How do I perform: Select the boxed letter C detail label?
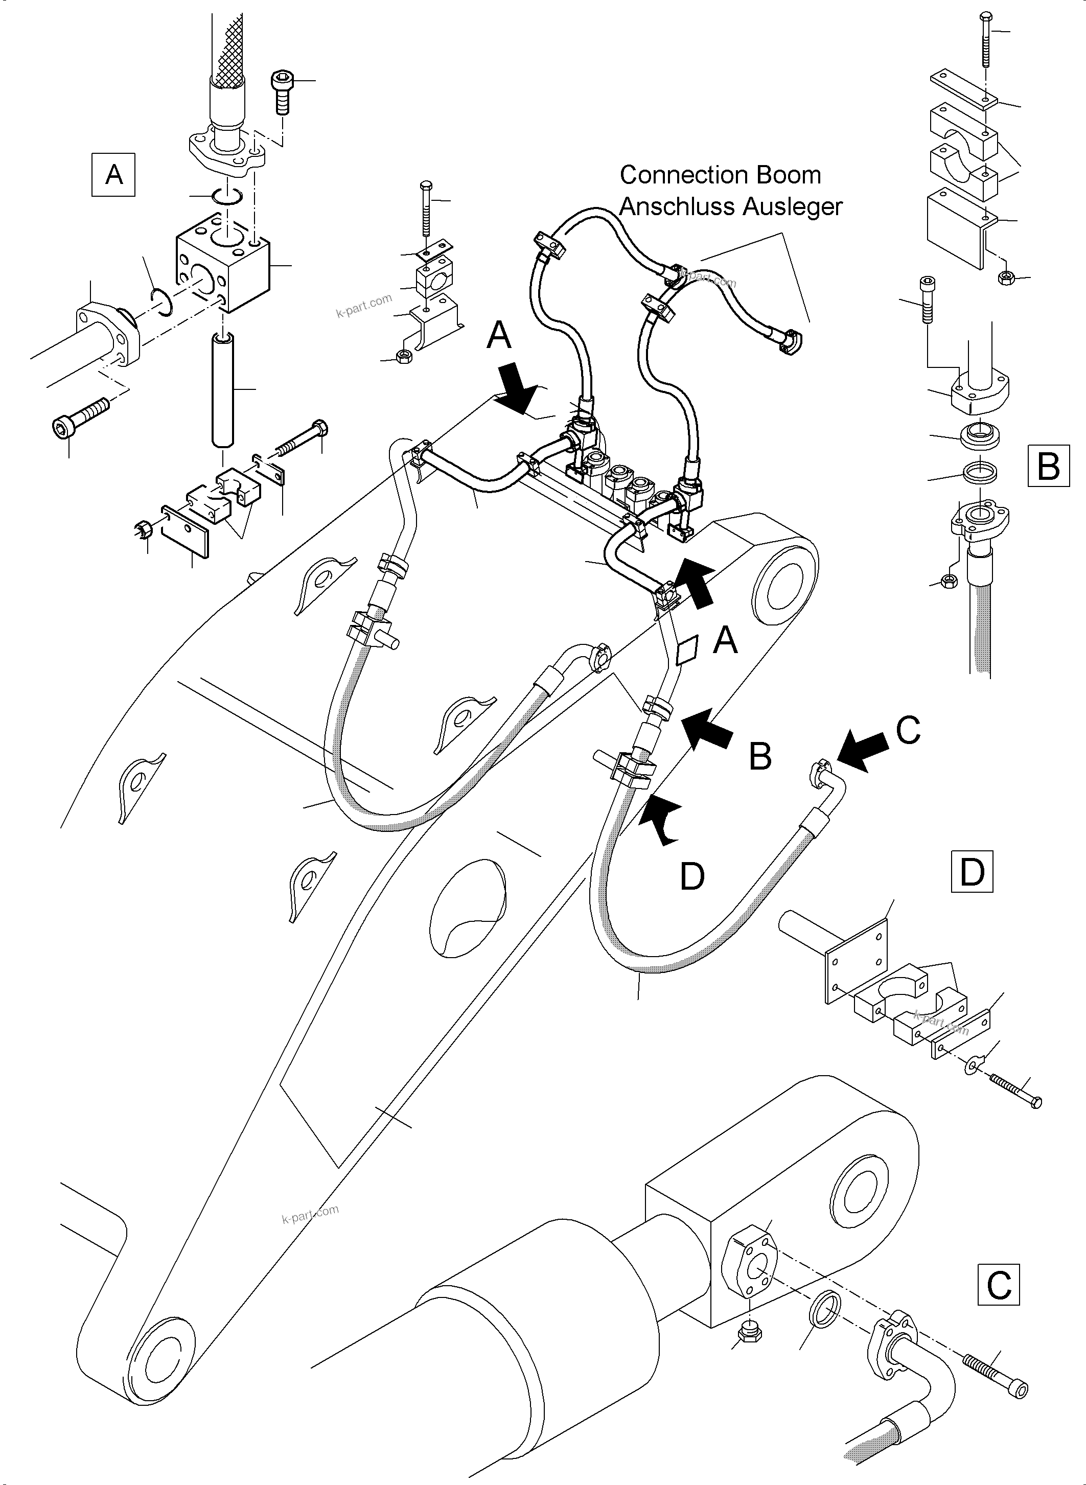click(999, 1284)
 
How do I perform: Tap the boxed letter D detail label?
click(972, 872)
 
